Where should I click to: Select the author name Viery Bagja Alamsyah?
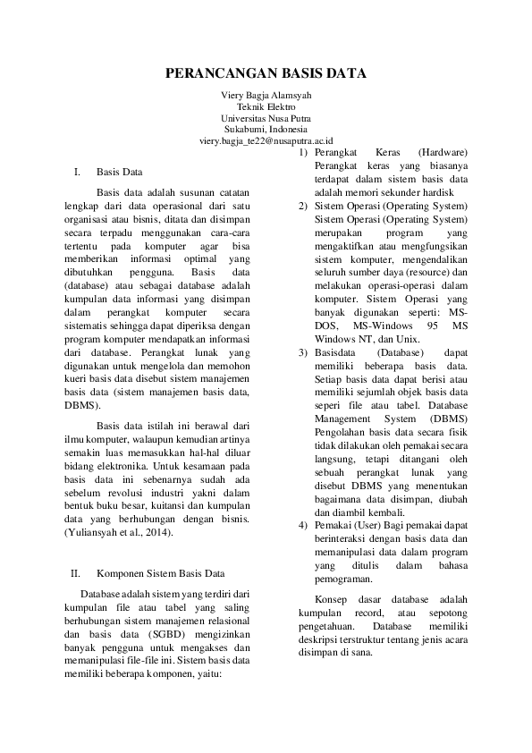[266, 95]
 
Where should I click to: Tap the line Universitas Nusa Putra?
[266, 117]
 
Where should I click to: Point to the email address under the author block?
[266, 140]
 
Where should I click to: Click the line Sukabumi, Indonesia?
[266, 129]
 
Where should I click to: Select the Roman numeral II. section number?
[76, 573]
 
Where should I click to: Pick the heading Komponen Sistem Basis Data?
[160, 573]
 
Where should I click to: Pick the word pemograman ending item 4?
[343, 580]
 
